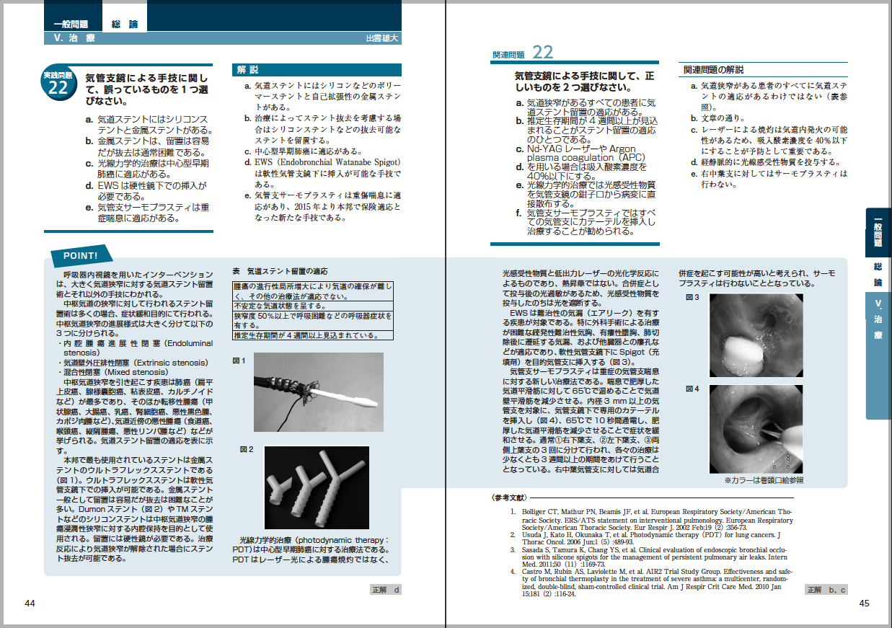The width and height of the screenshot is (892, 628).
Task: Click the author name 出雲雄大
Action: pyautogui.click(x=383, y=37)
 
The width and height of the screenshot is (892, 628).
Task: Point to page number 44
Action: pyautogui.click(x=30, y=603)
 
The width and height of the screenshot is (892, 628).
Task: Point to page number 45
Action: pyautogui.click(x=865, y=603)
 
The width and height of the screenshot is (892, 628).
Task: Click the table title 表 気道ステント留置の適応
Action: pyautogui.click(x=279, y=271)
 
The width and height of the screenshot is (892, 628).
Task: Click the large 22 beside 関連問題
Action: pyautogui.click(x=542, y=53)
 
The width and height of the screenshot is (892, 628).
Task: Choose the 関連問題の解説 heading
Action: pyautogui.click(x=714, y=70)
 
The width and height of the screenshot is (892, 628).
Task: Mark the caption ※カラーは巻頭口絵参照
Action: pyautogui.click(x=764, y=479)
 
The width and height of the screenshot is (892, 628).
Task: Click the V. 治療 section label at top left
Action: pyautogui.click(x=69, y=37)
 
